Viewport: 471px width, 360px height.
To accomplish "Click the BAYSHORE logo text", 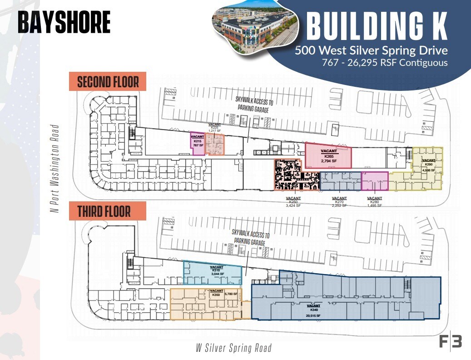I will coord(64,22).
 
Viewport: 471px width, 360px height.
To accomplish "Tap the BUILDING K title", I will coord(377,26).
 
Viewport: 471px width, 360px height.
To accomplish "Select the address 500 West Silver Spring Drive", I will coord(371,50).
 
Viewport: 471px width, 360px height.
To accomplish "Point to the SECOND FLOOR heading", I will coord(108,82).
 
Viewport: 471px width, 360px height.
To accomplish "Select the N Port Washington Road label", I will coord(55,168).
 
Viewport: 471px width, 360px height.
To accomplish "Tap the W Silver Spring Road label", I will coord(233,348).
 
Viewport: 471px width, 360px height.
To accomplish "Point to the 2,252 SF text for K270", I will coord(339,205).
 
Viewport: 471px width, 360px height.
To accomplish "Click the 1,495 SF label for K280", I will coord(374,205).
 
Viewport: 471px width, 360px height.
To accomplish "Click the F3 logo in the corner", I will coord(450,341).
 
